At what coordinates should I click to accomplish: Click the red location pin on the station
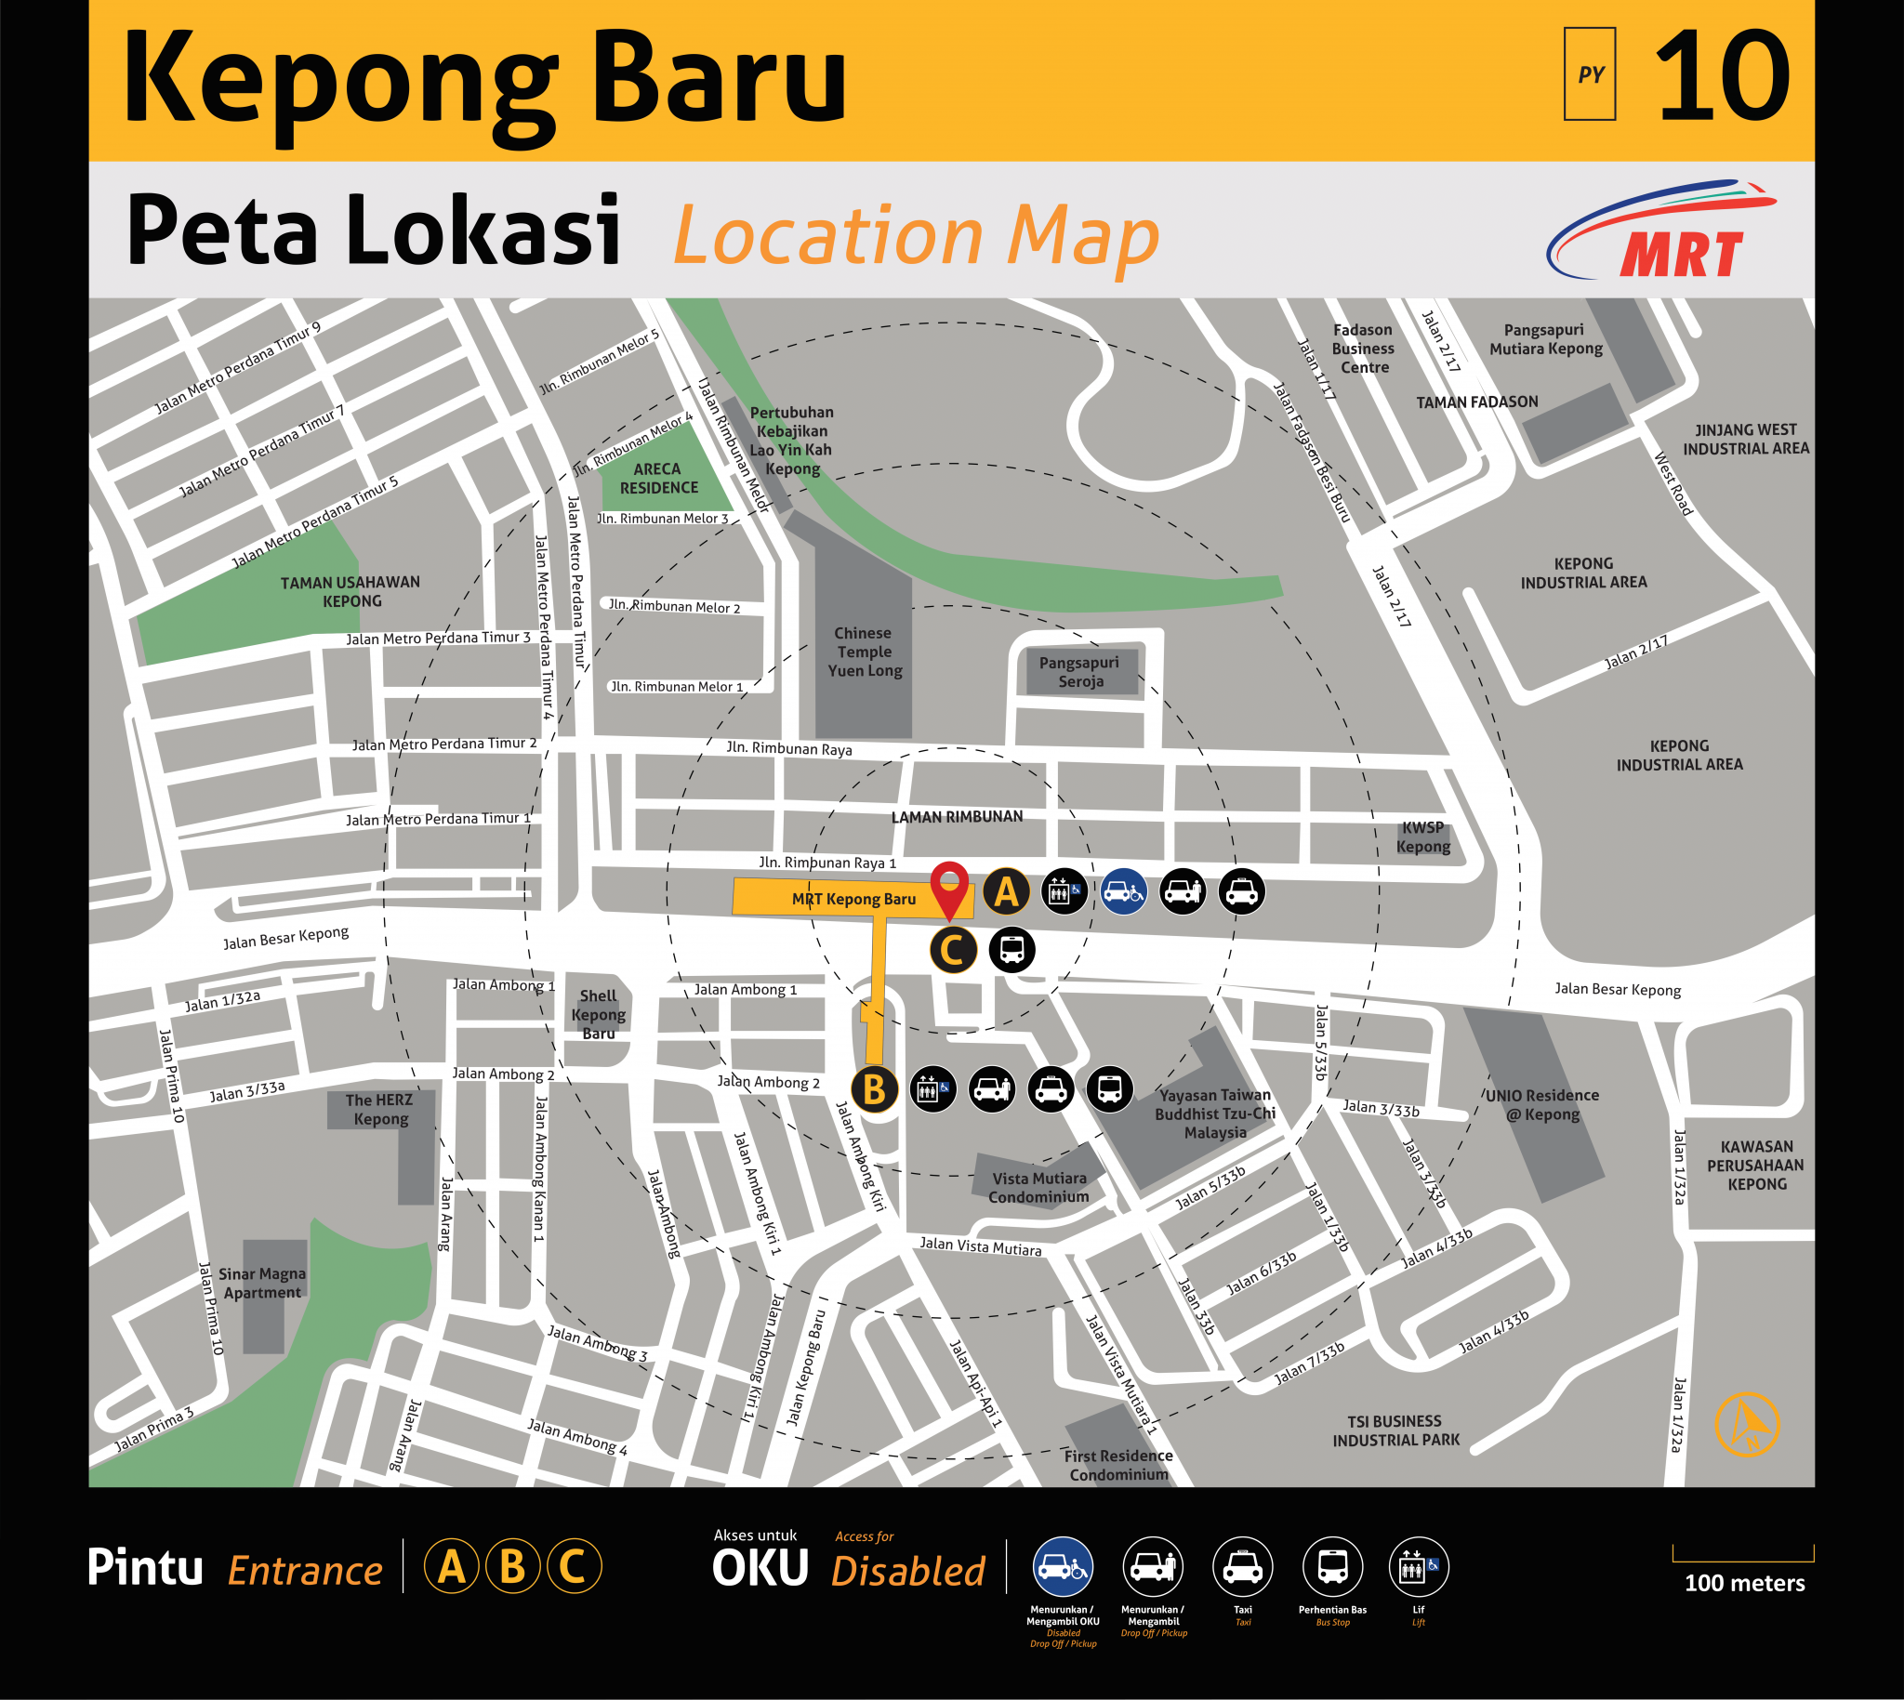point(949,885)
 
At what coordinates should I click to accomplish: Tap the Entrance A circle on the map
point(1005,891)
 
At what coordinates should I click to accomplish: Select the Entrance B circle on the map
point(875,1089)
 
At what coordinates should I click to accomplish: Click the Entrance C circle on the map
point(953,950)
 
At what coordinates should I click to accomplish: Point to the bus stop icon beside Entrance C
point(1011,950)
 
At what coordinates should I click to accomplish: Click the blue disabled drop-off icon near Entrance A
point(1123,891)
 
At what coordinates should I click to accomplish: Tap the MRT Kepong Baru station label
point(853,899)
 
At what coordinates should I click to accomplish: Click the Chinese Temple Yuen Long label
point(865,652)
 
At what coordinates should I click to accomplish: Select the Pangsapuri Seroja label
point(1080,672)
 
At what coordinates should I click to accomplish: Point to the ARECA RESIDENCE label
point(658,479)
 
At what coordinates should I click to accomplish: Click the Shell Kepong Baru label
point(598,1014)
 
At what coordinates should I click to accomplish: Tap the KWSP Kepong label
point(1422,837)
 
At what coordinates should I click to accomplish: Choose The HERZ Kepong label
point(379,1109)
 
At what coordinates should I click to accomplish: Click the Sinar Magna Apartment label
point(261,1283)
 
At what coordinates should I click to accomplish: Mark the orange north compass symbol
point(1746,1424)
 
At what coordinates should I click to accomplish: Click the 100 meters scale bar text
point(1744,1582)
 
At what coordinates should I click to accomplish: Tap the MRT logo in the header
point(1663,231)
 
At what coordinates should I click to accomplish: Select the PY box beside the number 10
point(1589,74)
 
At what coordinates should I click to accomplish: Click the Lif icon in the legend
point(1418,1566)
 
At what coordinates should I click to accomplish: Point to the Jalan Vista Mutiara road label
point(980,1246)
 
